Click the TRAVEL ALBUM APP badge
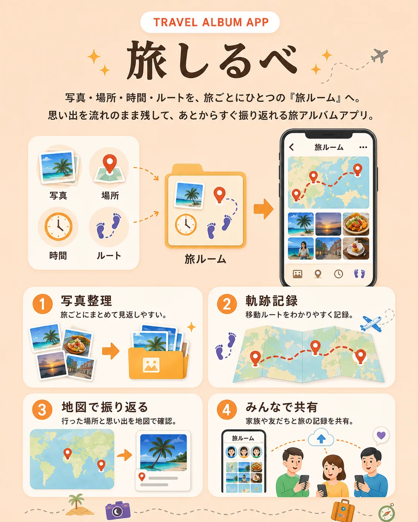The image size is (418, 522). (210, 22)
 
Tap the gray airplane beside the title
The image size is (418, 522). (379, 55)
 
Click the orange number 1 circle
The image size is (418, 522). (42, 304)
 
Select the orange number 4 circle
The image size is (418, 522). (227, 410)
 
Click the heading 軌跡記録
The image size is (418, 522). (271, 301)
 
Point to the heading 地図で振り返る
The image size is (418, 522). (105, 407)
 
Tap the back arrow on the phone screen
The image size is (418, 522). (292, 147)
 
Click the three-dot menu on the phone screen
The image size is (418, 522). (363, 147)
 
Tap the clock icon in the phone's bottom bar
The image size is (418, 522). (338, 274)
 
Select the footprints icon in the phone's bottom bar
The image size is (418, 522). (360, 274)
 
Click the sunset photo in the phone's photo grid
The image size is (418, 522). (328, 224)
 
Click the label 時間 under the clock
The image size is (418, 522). (58, 256)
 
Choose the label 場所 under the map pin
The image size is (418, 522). (110, 195)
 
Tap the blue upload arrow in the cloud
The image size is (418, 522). (322, 439)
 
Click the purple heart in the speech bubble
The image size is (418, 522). (381, 435)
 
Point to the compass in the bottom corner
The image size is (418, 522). (386, 513)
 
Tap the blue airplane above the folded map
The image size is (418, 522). (371, 323)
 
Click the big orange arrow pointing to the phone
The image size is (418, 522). (264, 209)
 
